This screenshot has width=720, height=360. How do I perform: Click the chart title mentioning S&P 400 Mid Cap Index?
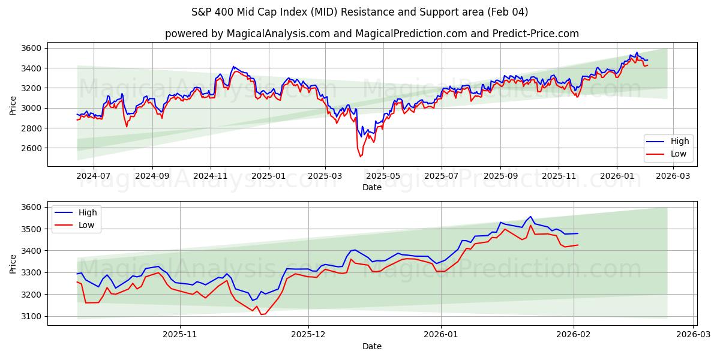coord(360,12)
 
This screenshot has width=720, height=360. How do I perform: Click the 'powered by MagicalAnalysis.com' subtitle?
coord(372,34)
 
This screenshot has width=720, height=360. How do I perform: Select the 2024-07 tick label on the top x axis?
coord(94,176)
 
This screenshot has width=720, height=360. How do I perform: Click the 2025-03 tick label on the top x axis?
coord(325,176)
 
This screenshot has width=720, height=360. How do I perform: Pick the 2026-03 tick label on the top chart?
coord(674,176)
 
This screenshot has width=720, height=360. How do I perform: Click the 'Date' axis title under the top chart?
coord(371,187)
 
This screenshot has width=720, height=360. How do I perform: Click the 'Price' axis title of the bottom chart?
coord(13,263)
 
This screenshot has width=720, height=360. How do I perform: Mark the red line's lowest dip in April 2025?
coord(361,157)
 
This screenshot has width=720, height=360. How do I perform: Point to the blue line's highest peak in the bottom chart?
coord(530,217)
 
